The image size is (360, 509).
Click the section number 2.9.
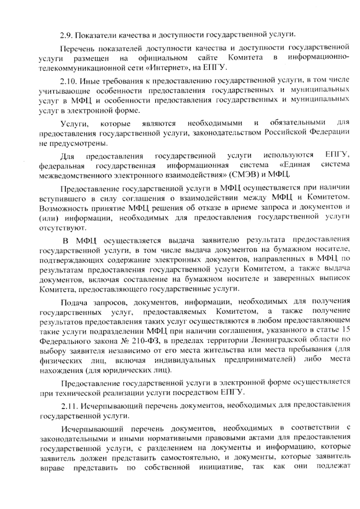pyautogui.click(x=66, y=35)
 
